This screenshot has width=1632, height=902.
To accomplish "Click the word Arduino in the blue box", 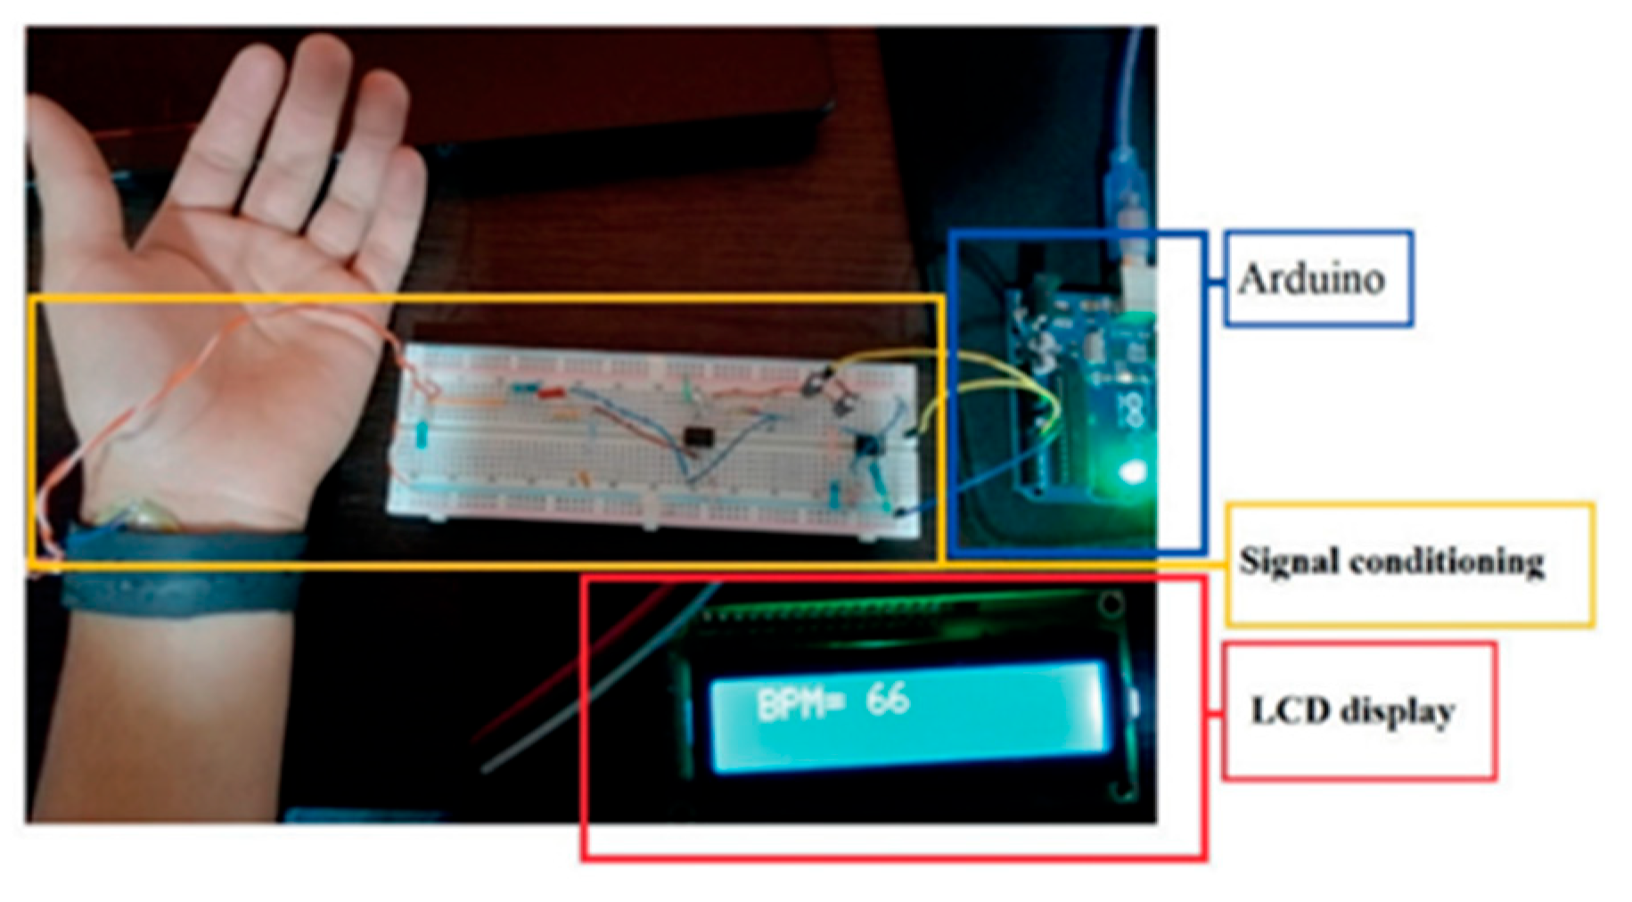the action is (x=1310, y=279).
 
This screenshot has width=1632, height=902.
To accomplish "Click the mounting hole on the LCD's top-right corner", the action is (x=1111, y=604).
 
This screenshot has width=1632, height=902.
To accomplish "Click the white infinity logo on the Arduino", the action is (x=1134, y=410).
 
